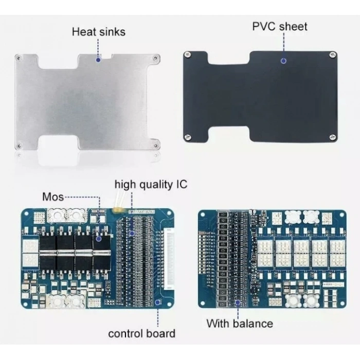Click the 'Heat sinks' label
click(x=99, y=32)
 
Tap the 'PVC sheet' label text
click(x=279, y=26)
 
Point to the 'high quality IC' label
click(x=151, y=184)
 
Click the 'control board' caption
click(x=141, y=333)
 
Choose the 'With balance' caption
click(x=240, y=323)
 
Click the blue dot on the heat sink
click(x=98, y=60)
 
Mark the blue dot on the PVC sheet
click(x=283, y=61)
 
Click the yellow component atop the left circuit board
click(x=117, y=210)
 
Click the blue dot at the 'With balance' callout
click(x=238, y=303)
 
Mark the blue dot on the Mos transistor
click(x=99, y=239)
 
